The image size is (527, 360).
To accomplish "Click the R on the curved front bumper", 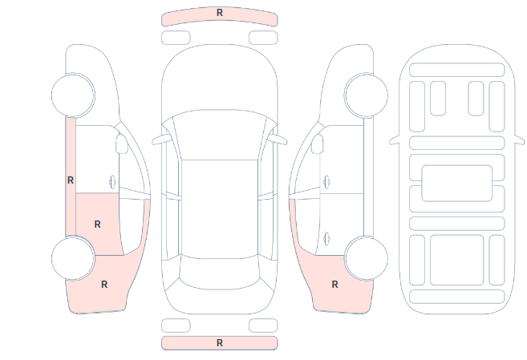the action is (220, 13).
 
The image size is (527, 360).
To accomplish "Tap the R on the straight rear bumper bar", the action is (220, 343).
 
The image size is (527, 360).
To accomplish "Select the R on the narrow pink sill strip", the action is (71, 180).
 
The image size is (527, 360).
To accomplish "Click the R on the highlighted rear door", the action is (98, 224).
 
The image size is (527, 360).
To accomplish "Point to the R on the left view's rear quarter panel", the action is (104, 285).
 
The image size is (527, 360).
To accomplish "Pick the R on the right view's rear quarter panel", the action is (334, 285).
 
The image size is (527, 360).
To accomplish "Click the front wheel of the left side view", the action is (73, 95).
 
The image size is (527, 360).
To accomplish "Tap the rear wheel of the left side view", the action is (73, 258).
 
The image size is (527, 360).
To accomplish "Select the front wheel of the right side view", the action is (366, 95).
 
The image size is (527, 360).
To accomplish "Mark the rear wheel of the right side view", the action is (366, 258).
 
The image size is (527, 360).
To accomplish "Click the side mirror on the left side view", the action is (122, 144).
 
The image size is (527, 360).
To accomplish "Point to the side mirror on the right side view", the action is (318, 144).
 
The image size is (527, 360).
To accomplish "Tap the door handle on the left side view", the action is (112, 182).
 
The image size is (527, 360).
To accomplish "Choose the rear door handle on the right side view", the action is (326, 240).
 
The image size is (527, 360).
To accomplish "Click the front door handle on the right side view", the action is (326, 182).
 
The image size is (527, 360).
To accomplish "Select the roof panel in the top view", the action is (220, 209).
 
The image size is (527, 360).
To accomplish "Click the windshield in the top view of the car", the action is (220, 135).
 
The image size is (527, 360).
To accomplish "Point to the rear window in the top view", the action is (220, 273).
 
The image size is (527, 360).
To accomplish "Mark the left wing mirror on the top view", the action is (160, 140).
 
